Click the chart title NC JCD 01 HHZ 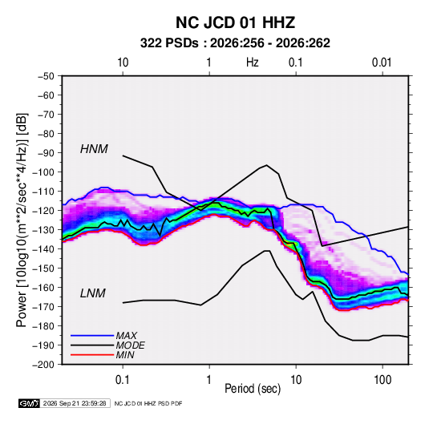point(235,22)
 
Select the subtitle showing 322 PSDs point(235,43)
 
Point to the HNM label point(94,149)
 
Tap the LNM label point(93,293)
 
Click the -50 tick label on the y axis point(46,76)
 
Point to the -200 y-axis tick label point(43,365)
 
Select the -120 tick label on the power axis point(43,211)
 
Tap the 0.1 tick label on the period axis point(123,380)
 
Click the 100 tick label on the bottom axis point(382,380)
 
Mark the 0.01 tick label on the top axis point(382,63)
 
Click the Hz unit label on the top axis point(252,63)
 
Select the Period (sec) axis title point(253,389)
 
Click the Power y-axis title point(22,220)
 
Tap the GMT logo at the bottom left point(30,403)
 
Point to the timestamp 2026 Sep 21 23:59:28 point(75,403)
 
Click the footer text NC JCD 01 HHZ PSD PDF point(148,403)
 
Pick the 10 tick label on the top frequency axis point(123,63)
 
